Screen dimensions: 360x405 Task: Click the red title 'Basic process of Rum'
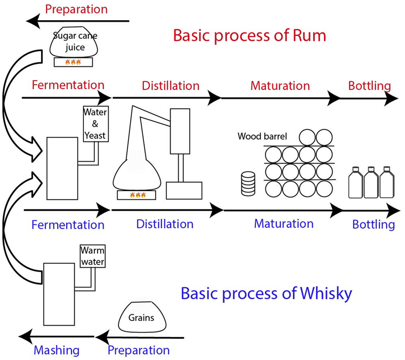[249, 36]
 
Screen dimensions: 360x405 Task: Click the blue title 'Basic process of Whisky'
[266, 293]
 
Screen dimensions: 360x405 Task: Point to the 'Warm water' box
[92, 256]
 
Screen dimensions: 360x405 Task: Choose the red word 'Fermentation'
[68, 85]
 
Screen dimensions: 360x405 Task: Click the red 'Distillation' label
[171, 86]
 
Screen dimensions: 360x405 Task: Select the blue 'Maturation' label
[283, 223]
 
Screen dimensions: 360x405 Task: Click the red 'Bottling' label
[369, 86]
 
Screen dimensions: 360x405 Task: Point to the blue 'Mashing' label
[56, 350]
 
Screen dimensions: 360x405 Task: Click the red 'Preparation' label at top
[76, 9]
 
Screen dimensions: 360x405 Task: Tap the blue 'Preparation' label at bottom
[138, 350]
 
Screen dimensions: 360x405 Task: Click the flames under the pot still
[138, 195]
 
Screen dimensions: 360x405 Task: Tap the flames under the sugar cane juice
[72, 62]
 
